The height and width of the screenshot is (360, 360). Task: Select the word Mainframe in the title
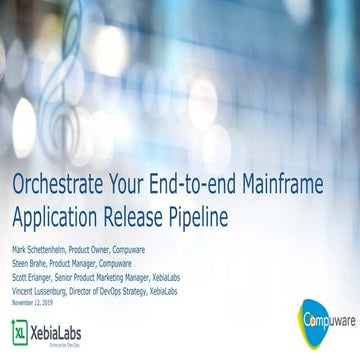pos(300,186)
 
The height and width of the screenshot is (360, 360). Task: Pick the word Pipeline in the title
pos(200,213)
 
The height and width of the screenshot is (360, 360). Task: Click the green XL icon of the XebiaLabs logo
pos(20,330)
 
